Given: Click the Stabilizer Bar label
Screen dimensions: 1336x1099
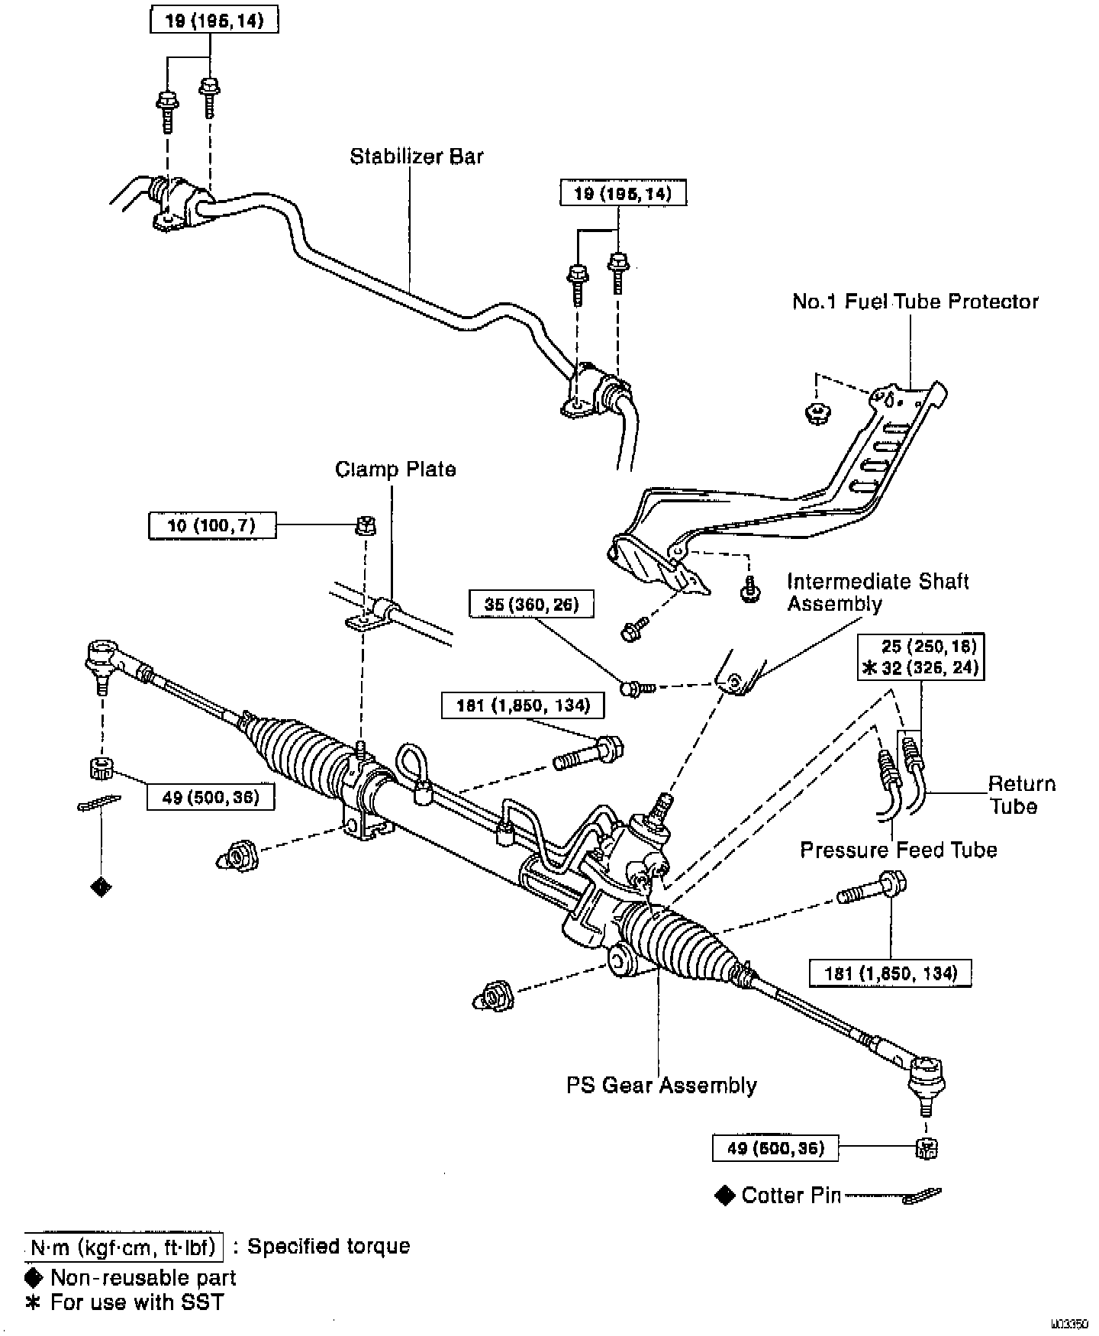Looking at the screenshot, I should pyautogui.click(x=417, y=157).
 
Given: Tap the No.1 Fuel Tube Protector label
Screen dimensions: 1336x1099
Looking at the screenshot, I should pyautogui.click(x=915, y=302).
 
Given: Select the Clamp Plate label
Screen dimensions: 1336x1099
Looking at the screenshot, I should pyautogui.click(x=395, y=469).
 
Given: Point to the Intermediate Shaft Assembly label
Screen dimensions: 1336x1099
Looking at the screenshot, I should pyautogui.click(x=878, y=592).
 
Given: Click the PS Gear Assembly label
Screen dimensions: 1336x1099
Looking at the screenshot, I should pyautogui.click(x=661, y=1085).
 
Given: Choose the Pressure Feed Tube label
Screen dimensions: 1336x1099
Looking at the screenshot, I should pyautogui.click(x=898, y=850).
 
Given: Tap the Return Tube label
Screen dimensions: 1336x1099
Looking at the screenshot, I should pyautogui.click(x=1021, y=795).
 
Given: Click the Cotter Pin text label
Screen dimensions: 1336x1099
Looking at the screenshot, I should pyautogui.click(x=791, y=1195).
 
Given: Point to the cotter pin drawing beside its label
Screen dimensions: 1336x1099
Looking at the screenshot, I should pyautogui.click(x=922, y=1196).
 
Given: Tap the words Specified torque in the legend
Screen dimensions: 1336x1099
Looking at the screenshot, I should pyautogui.click(x=329, y=1247).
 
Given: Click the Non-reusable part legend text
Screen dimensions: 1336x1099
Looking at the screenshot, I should pyautogui.click(x=143, y=1278).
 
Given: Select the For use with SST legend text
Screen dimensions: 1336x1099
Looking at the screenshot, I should pyautogui.click(x=137, y=1302).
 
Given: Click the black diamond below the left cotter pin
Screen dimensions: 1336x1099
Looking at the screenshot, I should pyautogui.click(x=101, y=886).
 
